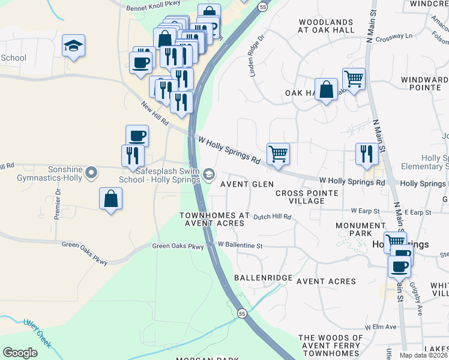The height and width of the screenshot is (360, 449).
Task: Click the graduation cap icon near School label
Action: point(73,46)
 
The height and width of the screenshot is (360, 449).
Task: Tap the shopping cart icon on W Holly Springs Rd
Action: point(278,154)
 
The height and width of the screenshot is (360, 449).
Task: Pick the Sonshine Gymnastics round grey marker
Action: point(91,174)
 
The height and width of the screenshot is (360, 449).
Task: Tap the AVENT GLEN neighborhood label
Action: point(247,184)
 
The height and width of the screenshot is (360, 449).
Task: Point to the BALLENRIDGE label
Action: point(263,278)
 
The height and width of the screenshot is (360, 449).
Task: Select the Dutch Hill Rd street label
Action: point(272,217)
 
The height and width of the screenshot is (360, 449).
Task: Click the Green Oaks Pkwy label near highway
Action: point(178,246)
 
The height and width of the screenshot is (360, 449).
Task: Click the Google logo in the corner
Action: point(20,353)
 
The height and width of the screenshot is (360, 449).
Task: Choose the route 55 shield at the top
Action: point(264,6)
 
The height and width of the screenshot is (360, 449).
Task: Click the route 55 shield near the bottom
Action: point(242,314)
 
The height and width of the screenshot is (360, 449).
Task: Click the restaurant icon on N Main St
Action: point(365,154)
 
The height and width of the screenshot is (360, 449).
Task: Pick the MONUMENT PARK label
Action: point(360,230)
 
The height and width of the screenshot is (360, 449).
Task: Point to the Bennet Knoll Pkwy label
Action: point(154,8)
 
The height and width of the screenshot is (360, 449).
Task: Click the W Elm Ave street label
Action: point(381,327)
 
